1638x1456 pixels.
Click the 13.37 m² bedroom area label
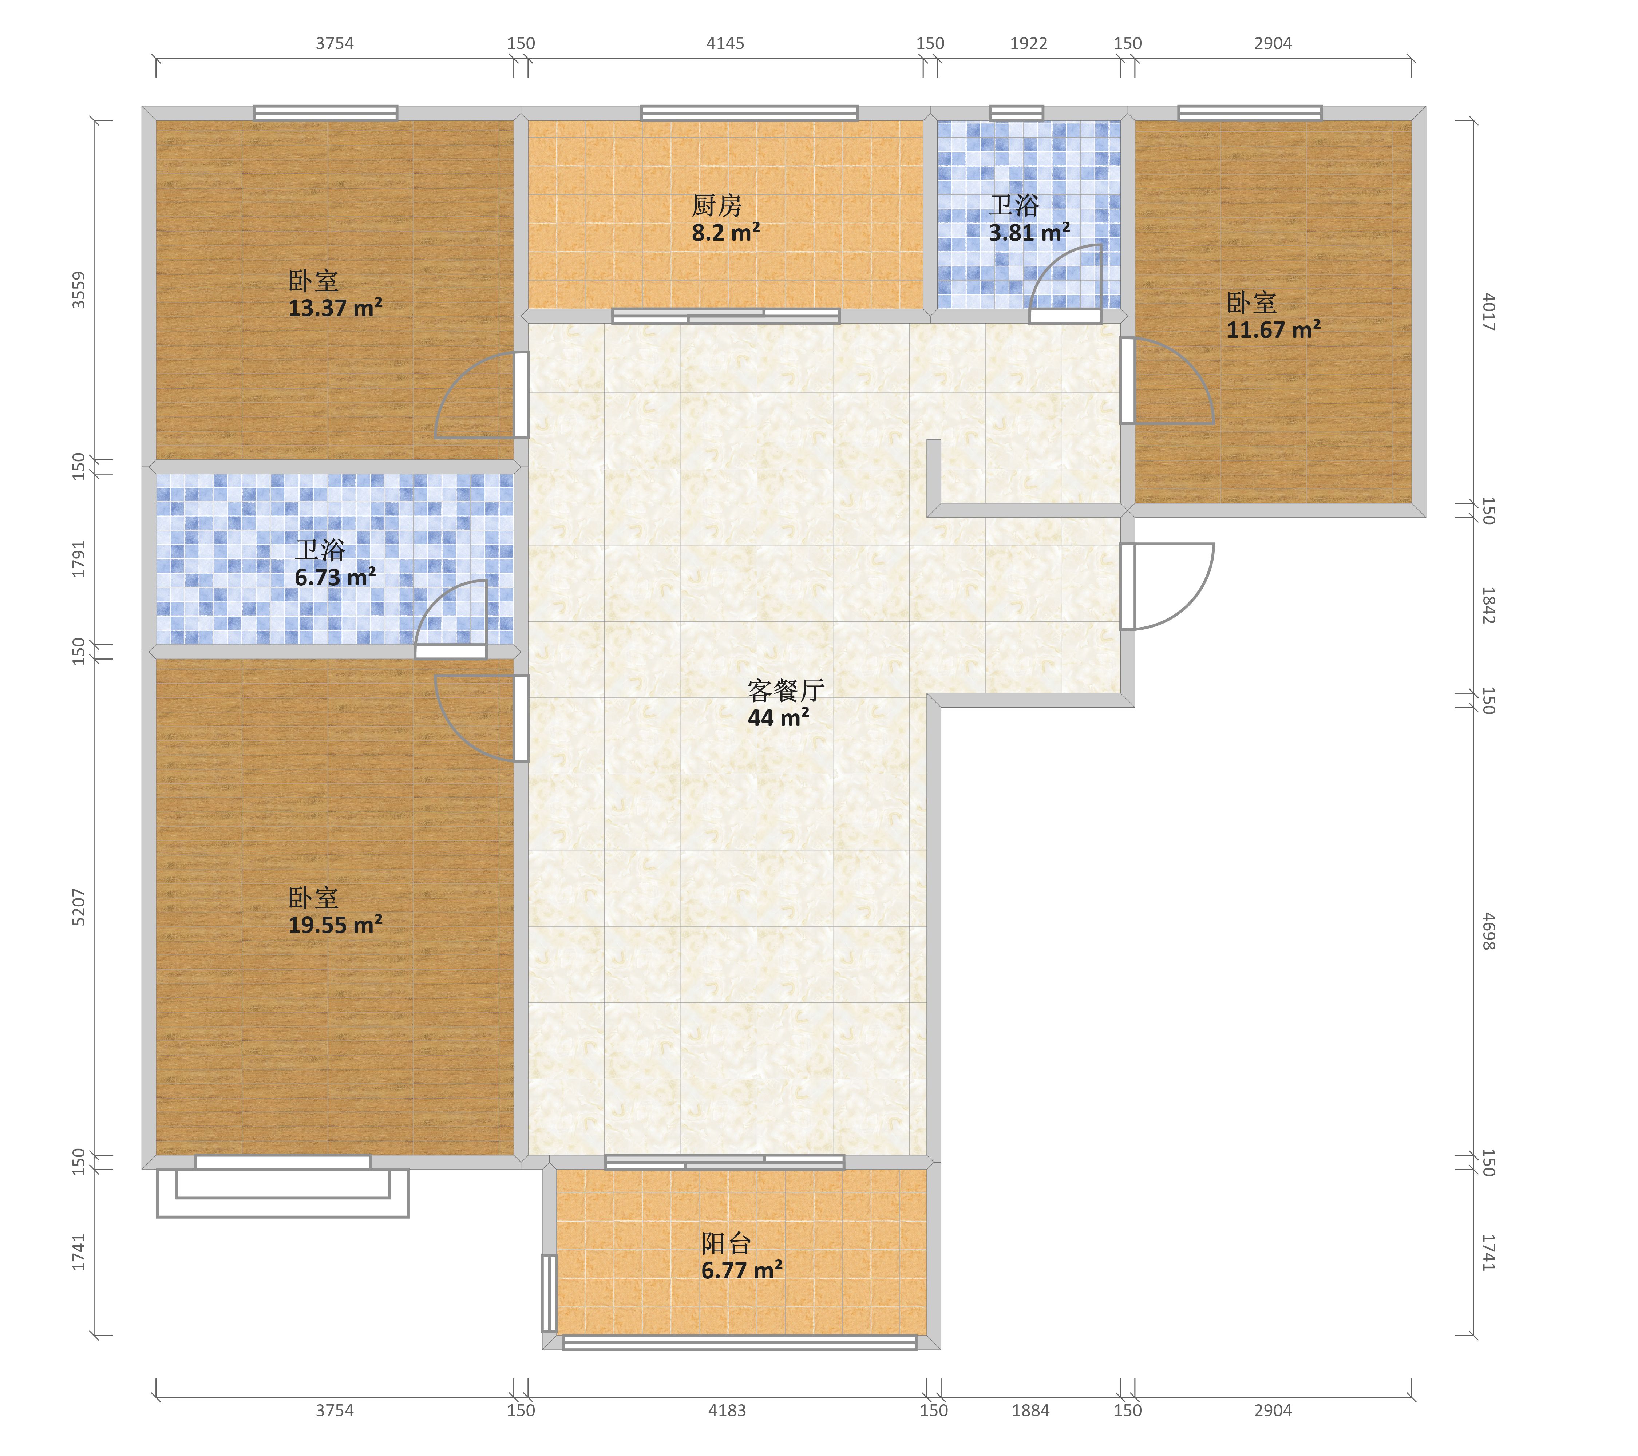point(335,308)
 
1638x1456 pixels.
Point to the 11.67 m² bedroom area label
point(1273,329)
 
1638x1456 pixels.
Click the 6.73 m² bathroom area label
point(335,577)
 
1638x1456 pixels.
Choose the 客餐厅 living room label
point(786,690)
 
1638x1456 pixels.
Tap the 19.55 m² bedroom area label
point(335,925)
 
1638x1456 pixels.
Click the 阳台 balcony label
point(726,1244)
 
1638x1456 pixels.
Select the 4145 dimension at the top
point(725,43)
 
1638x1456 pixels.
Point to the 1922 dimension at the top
point(1029,43)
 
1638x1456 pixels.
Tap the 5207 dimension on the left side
point(79,907)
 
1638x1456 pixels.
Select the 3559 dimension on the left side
point(79,290)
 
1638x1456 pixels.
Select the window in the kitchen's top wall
point(749,113)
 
